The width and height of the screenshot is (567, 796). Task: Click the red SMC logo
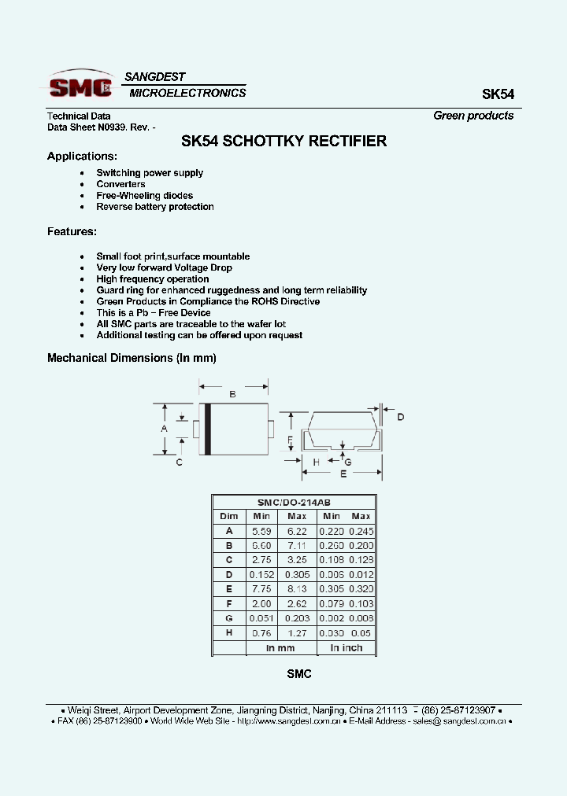tap(80, 86)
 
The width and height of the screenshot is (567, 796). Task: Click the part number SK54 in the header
tap(498, 94)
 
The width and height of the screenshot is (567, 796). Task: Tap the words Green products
tap(473, 116)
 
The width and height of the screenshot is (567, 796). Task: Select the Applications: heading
tap(82, 156)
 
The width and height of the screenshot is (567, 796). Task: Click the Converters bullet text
tap(120, 184)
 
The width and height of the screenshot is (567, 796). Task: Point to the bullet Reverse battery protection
tap(155, 207)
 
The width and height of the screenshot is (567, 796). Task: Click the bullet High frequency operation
tap(153, 279)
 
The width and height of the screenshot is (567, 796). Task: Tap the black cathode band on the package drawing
tap(208, 429)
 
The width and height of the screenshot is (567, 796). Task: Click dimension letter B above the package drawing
tap(232, 395)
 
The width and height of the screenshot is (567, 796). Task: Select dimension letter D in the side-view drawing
tap(400, 417)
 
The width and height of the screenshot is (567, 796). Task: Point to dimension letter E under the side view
tap(343, 474)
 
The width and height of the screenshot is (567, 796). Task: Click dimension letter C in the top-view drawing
tap(180, 462)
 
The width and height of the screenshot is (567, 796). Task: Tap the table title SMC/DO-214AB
tap(294, 502)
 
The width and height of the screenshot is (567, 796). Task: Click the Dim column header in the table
tap(229, 516)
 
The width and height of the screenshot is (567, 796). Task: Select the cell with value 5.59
tap(261, 531)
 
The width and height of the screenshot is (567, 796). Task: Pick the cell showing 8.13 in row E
tap(297, 589)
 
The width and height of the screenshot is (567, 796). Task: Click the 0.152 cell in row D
tap(261, 575)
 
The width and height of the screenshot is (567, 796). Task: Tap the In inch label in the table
tap(346, 648)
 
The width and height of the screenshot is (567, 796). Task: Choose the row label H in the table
tap(229, 633)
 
